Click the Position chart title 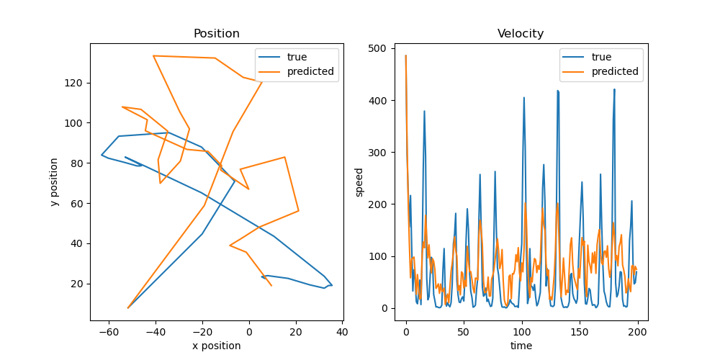pyautogui.click(x=216, y=34)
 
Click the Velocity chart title pyautogui.click(x=521, y=34)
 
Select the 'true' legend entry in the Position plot pyautogui.click(x=297, y=57)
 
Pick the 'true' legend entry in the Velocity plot pyautogui.click(x=601, y=57)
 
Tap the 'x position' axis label pyautogui.click(x=216, y=346)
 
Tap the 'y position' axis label pyautogui.click(x=54, y=181)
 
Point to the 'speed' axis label pyautogui.click(x=359, y=181)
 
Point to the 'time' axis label pyautogui.click(x=521, y=346)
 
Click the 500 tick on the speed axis pyautogui.click(x=379, y=48)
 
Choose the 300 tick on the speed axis pyautogui.click(x=379, y=153)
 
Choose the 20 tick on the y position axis pyautogui.click(x=76, y=284)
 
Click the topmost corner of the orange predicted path pyautogui.click(x=153, y=55)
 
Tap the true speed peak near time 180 pyautogui.click(x=614, y=89)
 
